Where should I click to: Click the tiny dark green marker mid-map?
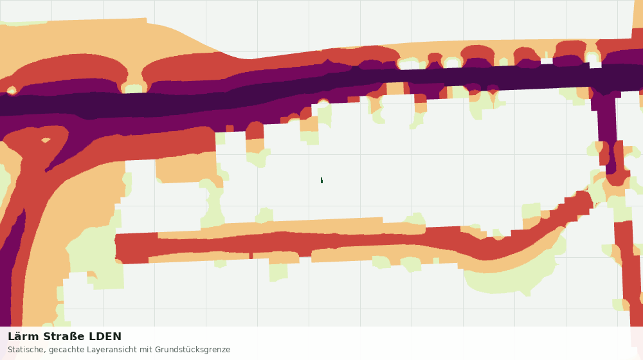321,181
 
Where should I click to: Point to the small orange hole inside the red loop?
46,140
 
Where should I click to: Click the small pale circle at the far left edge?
11,90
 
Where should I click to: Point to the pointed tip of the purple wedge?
46,171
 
